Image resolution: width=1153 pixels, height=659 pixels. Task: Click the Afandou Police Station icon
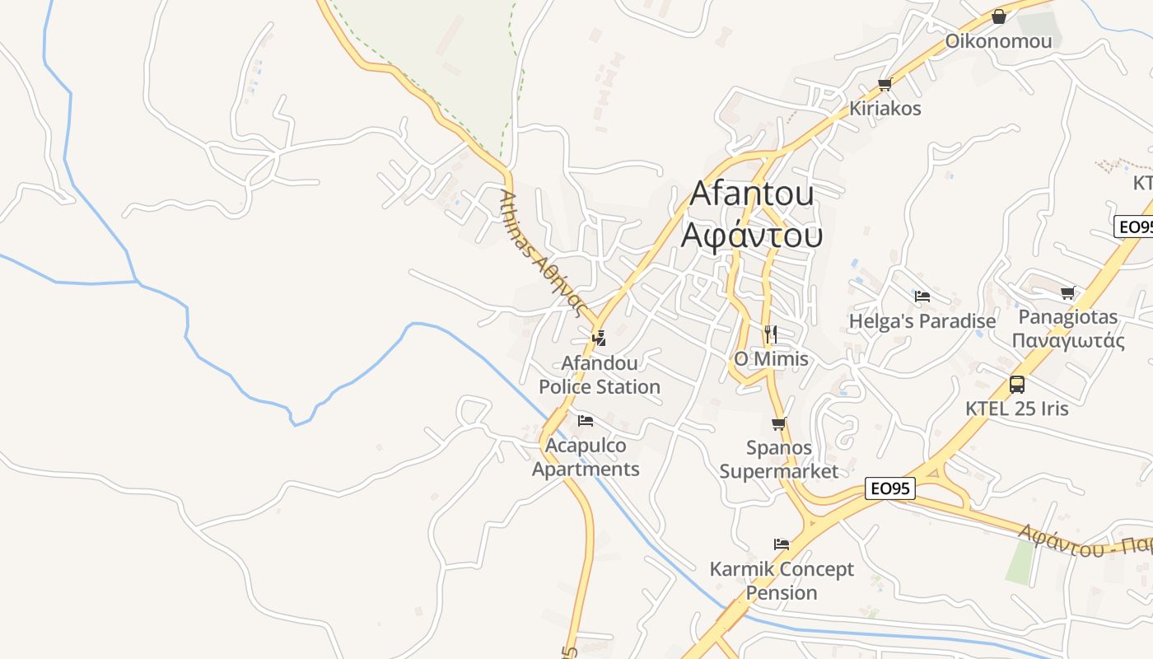(600, 338)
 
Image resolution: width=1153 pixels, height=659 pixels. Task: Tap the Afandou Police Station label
(600, 375)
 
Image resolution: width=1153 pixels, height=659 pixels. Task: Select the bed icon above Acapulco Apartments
(586, 420)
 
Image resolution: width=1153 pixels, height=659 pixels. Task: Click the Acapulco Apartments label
(586, 457)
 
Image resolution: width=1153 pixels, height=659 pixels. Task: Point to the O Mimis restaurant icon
(771, 334)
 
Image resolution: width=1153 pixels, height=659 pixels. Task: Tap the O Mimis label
(771, 359)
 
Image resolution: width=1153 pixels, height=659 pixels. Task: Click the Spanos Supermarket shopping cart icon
(778, 424)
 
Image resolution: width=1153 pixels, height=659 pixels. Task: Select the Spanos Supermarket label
(778, 460)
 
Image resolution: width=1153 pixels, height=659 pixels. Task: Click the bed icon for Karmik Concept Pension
(782, 544)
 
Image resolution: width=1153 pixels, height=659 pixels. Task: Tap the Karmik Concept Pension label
(782, 581)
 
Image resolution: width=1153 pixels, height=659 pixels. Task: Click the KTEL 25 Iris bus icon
(1017, 384)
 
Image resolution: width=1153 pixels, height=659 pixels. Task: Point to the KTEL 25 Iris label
(1017, 409)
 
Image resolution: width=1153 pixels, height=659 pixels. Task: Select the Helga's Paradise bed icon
(922, 297)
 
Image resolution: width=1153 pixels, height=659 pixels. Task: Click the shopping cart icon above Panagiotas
(1068, 292)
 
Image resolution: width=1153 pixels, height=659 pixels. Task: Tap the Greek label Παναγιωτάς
(1068, 341)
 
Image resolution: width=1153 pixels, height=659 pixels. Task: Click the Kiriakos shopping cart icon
(885, 84)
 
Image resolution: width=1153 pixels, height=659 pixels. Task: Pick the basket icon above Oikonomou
(999, 16)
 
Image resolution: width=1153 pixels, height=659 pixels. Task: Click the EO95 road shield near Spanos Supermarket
(891, 488)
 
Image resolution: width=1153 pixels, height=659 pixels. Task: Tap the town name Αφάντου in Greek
(751, 236)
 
